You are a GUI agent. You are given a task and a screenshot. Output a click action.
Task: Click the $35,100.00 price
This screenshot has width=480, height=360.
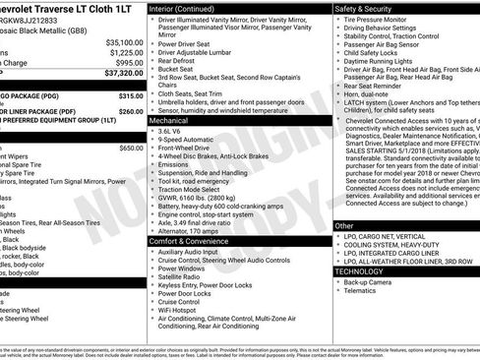click(124, 42)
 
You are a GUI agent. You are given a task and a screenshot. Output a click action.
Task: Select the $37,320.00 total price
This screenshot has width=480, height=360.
click(124, 72)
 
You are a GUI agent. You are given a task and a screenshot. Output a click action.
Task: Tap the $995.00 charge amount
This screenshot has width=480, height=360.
click(128, 62)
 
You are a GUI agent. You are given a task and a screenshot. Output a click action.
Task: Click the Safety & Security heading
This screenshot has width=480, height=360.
click(370, 8)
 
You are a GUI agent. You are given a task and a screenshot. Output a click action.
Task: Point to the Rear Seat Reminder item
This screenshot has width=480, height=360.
click(380, 86)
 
